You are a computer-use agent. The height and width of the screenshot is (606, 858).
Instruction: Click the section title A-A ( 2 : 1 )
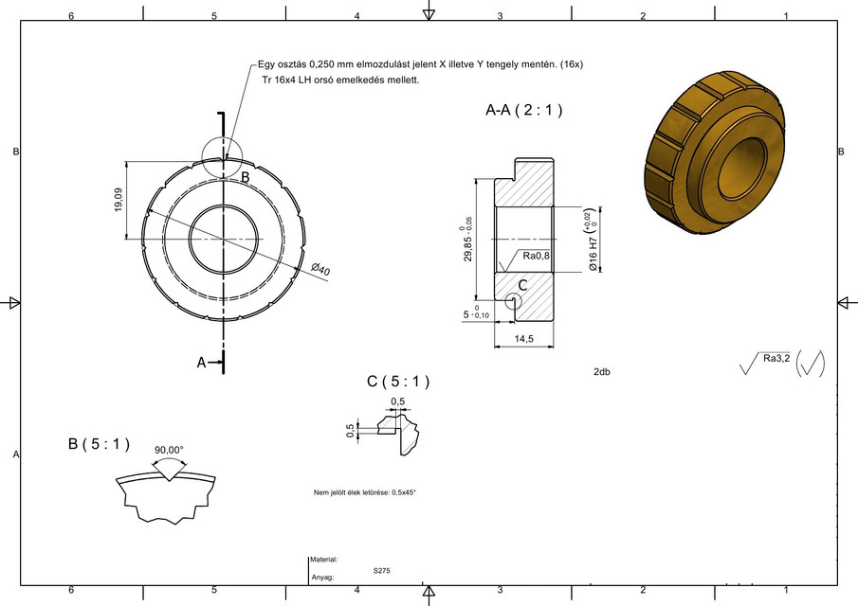(523, 111)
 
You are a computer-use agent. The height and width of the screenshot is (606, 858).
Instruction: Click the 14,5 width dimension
(523, 338)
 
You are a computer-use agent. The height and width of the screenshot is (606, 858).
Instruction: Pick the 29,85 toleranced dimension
(468, 242)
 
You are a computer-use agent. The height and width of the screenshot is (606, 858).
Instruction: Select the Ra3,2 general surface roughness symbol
(776, 359)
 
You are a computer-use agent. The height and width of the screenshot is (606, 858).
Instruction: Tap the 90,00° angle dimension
(169, 450)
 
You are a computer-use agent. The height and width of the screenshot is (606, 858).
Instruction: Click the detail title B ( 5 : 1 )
(99, 444)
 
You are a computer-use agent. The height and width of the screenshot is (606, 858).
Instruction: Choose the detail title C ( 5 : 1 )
(398, 382)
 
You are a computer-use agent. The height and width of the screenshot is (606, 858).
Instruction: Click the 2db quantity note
(601, 372)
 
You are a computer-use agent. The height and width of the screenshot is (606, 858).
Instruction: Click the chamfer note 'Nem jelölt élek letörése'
(365, 492)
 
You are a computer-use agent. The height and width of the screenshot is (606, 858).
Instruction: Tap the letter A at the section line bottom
(201, 362)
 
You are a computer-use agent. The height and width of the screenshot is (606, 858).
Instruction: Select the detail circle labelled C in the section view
(513, 300)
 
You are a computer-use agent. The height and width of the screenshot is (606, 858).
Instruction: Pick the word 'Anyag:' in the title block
(321, 577)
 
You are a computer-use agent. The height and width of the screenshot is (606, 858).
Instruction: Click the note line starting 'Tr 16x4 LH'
(340, 80)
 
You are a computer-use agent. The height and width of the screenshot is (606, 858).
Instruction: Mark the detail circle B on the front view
(223, 156)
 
